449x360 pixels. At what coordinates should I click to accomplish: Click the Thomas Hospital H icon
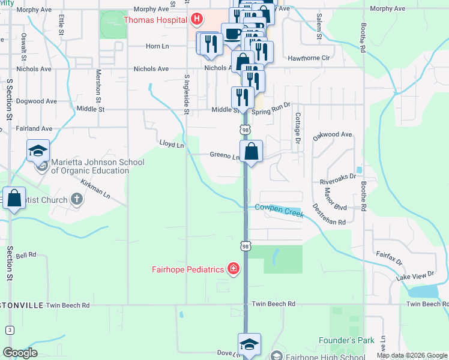(196, 20)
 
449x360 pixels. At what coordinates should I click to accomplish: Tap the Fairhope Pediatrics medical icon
(233, 269)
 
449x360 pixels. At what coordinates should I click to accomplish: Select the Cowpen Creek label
(279, 209)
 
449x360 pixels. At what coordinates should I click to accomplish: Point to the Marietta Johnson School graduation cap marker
(38, 151)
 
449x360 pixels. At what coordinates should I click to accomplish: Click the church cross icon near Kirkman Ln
(76, 199)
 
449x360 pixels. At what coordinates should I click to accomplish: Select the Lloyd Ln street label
(171, 144)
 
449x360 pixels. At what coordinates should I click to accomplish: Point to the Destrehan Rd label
(328, 214)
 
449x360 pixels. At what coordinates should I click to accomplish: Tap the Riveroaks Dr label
(338, 177)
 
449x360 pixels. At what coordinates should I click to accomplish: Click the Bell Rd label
(26, 255)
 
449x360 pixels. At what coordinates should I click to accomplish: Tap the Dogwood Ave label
(35, 101)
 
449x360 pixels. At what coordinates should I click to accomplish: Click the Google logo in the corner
(20, 352)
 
